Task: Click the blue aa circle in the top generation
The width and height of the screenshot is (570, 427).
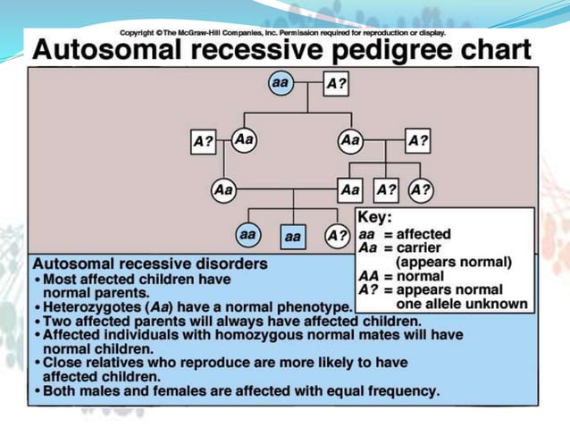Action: [x=281, y=82]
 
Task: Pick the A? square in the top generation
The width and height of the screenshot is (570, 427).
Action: [x=336, y=83]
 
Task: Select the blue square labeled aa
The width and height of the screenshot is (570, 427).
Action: [x=293, y=238]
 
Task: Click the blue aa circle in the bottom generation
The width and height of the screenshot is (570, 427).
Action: [x=247, y=235]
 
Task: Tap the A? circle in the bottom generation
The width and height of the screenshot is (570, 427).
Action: [x=337, y=236]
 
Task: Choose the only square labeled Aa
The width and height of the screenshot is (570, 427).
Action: [x=349, y=190]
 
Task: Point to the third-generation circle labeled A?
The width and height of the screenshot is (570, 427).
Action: [x=420, y=190]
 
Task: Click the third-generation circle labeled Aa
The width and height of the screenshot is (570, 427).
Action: [x=223, y=190]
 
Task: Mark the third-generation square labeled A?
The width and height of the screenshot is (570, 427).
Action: [x=385, y=190]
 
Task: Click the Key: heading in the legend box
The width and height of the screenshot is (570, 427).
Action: [x=374, y=218]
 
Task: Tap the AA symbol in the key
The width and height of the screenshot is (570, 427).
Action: [x=368, y=276]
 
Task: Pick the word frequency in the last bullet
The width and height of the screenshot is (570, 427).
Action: [x=403, y=391]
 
